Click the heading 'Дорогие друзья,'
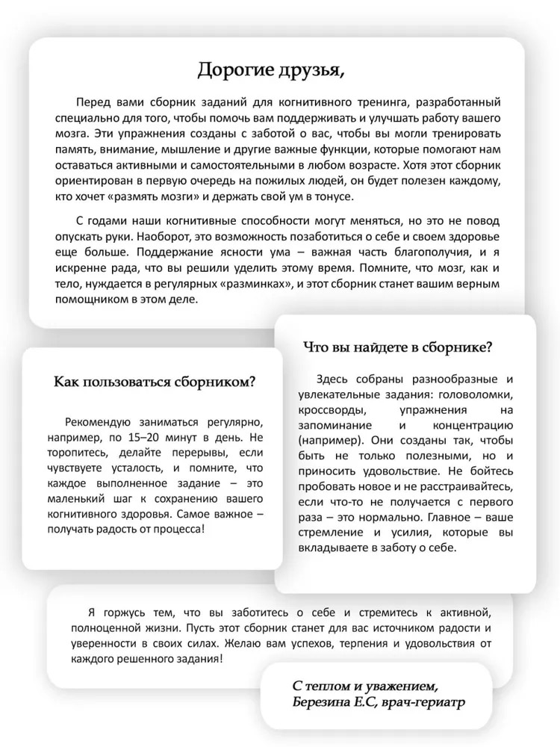(x=272, y=70)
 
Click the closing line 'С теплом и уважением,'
(x=361, y=686)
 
